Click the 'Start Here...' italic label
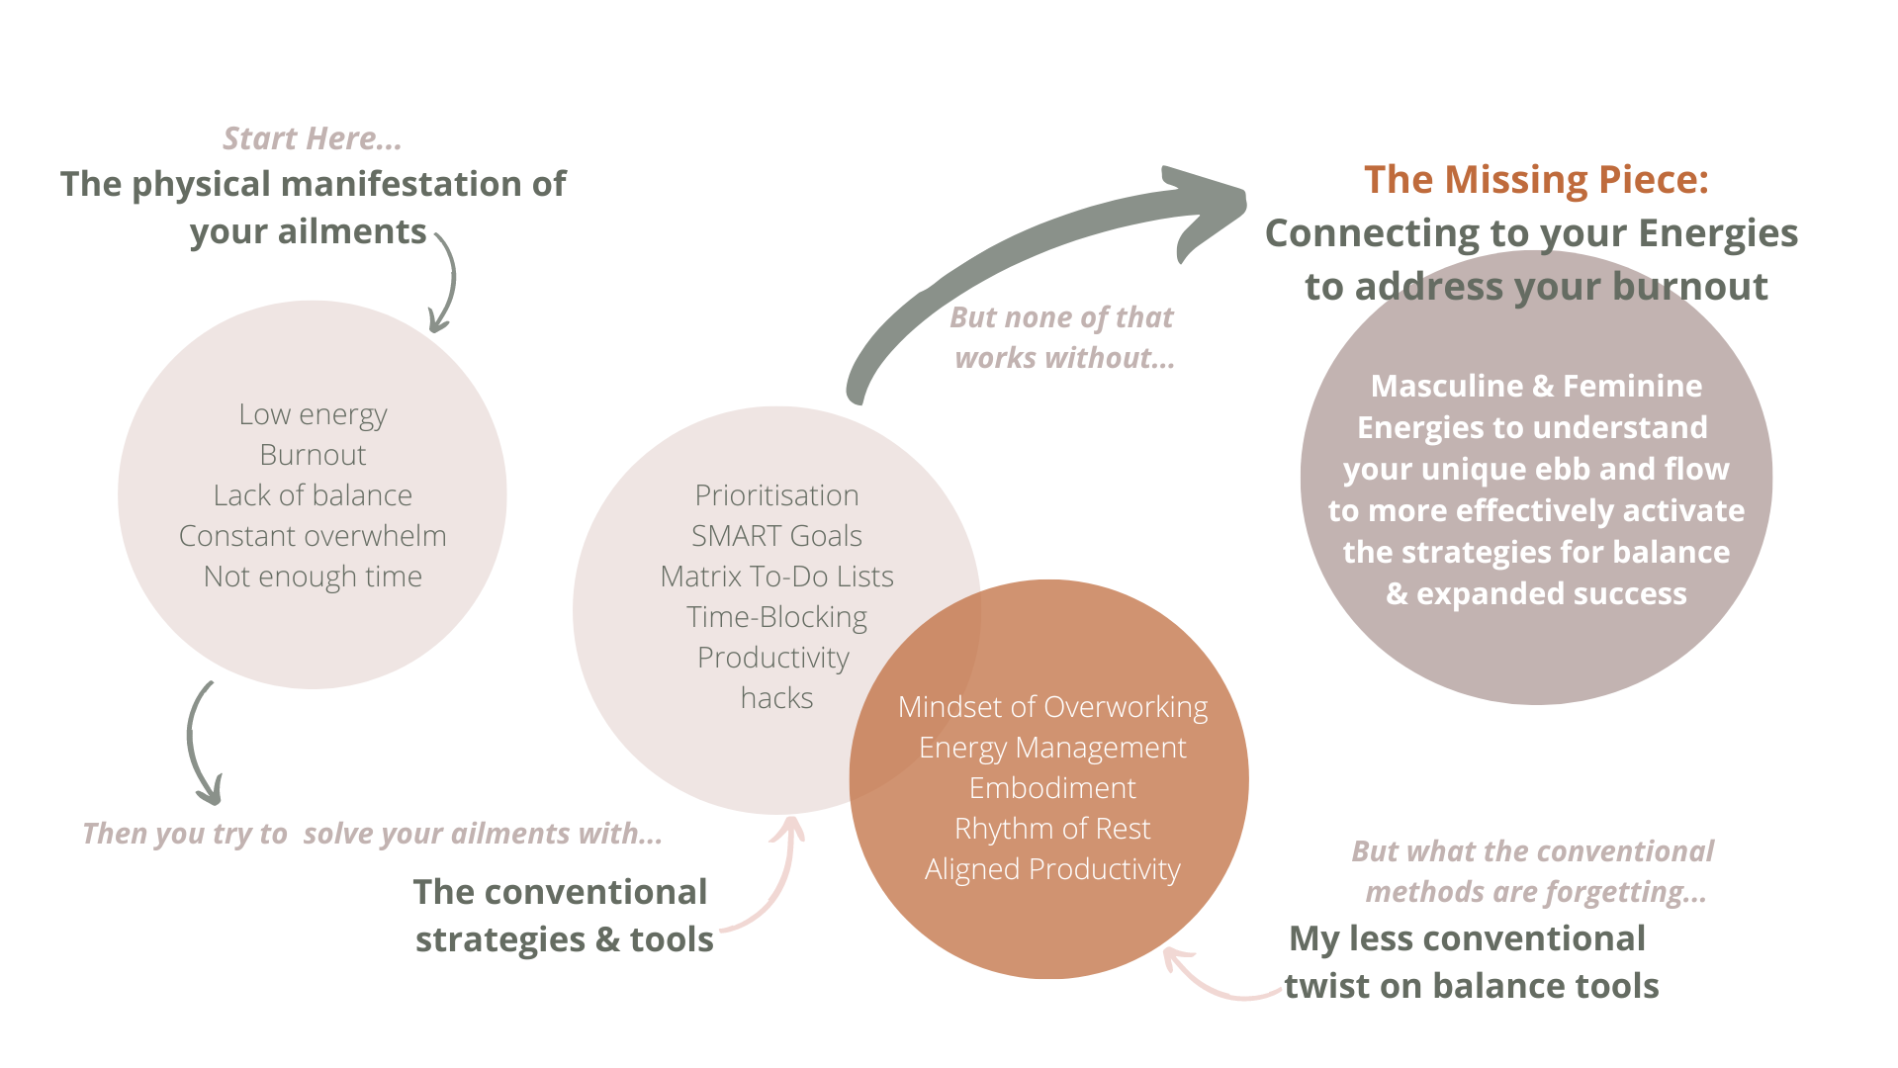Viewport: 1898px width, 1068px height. click(312, 138)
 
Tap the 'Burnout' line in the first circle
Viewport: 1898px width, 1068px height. click(313, 455)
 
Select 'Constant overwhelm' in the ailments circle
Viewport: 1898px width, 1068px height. click(313, 536)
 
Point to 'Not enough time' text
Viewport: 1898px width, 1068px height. click(313, 577)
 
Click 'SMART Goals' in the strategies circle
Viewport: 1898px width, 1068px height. click(776, 536)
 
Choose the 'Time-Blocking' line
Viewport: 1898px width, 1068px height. click(776, 617)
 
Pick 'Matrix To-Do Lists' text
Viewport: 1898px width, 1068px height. click(776, 577)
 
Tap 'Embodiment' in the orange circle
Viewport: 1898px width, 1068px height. click(1052, 788)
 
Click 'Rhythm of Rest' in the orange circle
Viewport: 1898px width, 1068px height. click(1052, 829)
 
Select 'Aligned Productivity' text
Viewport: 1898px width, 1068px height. click(1052, 869)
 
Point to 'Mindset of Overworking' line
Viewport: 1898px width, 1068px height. click(1052, 707)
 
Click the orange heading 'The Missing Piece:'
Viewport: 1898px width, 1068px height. click(1536, 180)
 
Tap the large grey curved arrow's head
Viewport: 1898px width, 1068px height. click(1207, 208)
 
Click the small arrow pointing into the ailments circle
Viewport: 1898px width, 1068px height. click(444, 287)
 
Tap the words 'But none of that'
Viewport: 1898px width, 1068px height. click(1061, 317)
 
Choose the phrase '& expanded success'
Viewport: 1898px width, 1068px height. click(1536, 593)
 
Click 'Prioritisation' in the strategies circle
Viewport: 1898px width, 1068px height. click(776, 495)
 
